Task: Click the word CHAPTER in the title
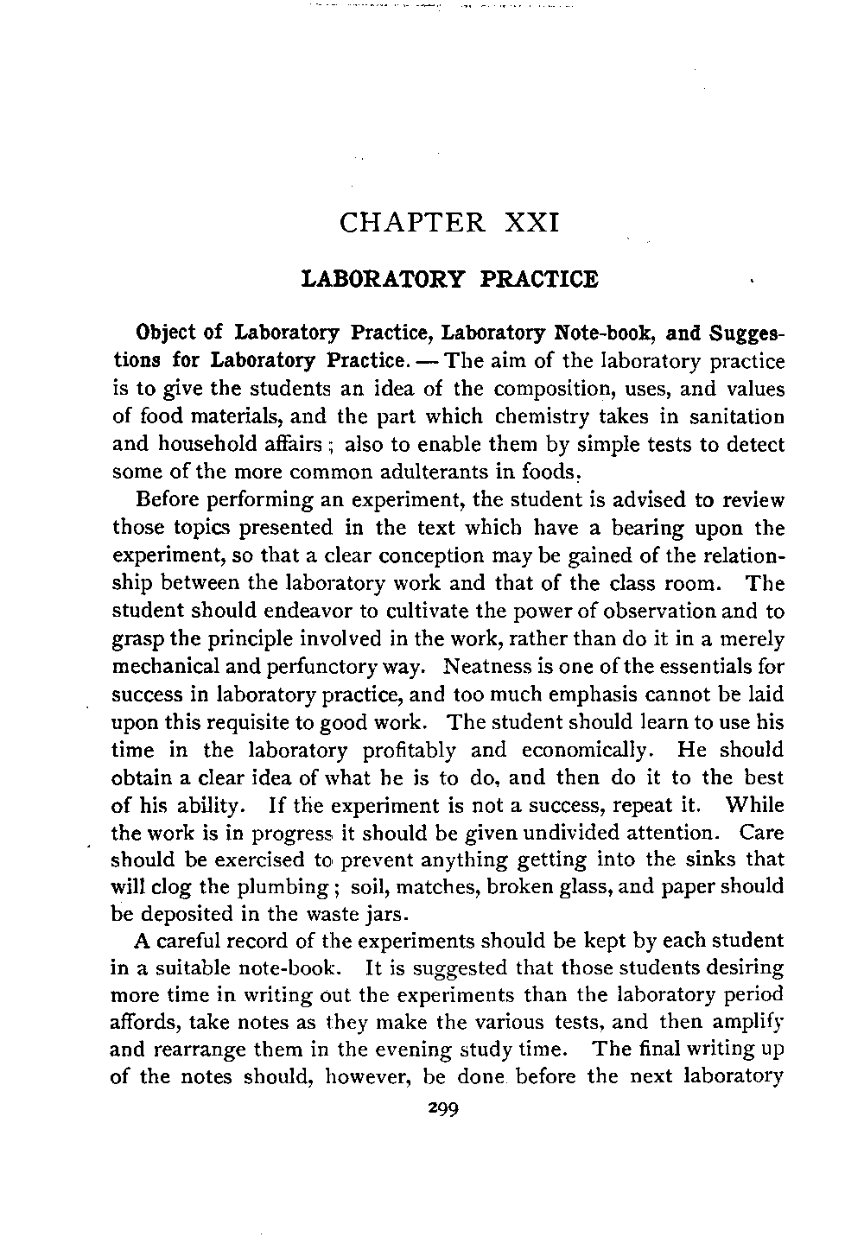click(x=413, y=223)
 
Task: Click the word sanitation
click(x=737, y=416)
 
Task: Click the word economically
click(x=593, y=750)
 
